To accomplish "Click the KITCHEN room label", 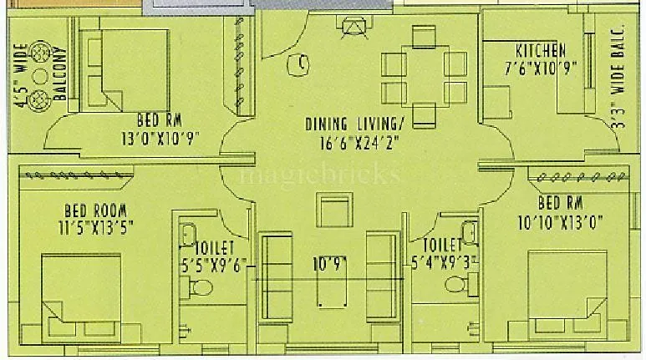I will pos(540,50).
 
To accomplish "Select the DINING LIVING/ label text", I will pos(354,124).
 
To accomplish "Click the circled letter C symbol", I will pos(302,62).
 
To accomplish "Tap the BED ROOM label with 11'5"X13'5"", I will pos(98,209).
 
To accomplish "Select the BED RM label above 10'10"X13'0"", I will pos(561,203).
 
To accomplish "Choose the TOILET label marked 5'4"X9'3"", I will pos(442,246).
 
